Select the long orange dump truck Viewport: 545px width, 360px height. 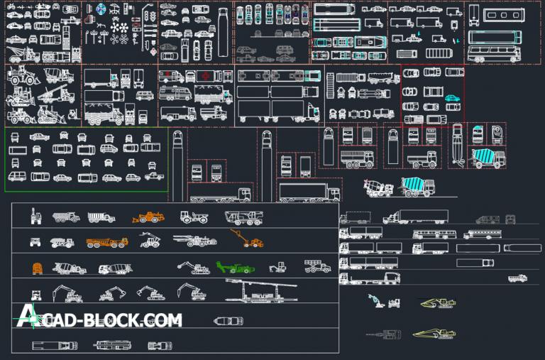pos(107,242)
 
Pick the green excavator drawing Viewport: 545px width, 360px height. pos(235,268)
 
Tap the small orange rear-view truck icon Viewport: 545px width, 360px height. pos(38,268)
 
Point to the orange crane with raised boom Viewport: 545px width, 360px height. pos(248,240)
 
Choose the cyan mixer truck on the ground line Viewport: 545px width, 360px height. pos(418,187)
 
